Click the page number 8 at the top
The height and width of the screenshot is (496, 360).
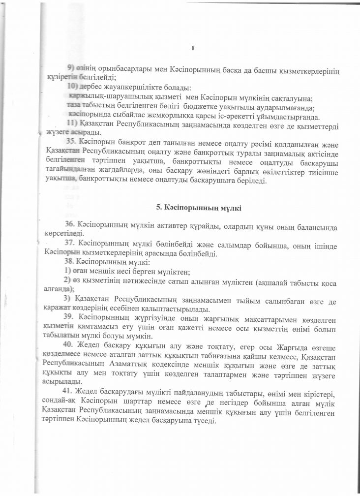193,47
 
